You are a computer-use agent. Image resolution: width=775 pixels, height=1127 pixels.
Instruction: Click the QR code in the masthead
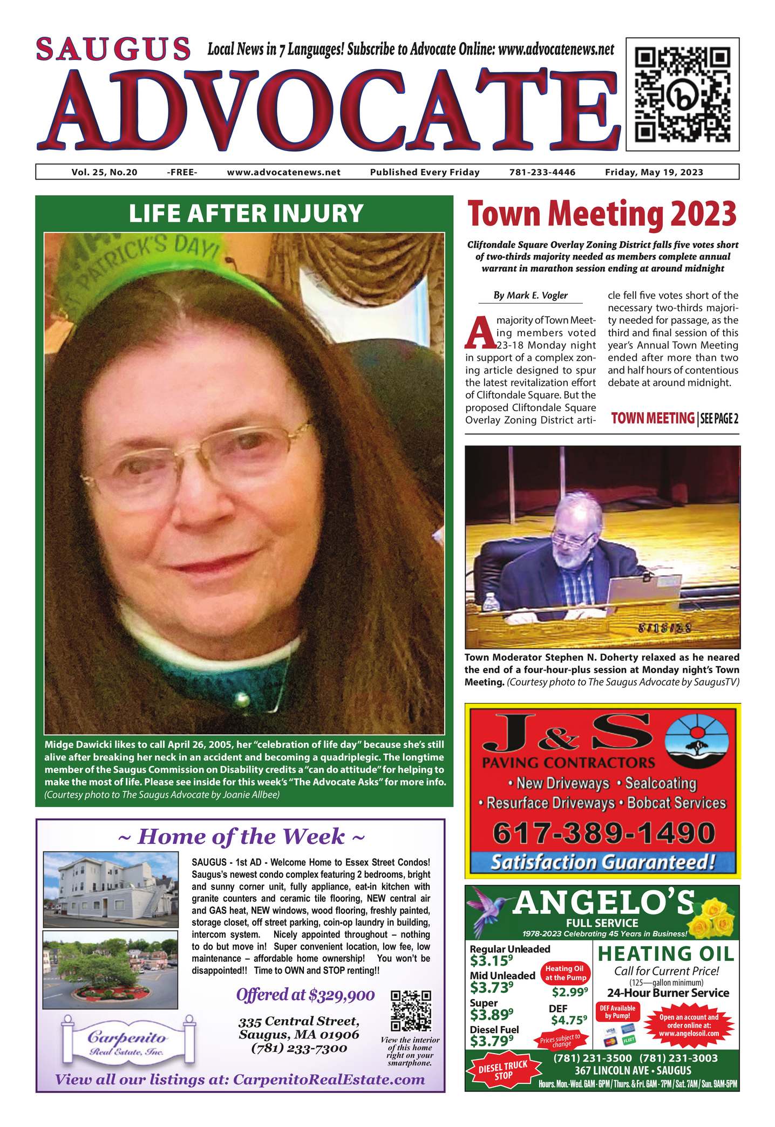pos(682,94)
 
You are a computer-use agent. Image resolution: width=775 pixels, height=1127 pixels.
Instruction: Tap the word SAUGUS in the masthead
pos(114,49)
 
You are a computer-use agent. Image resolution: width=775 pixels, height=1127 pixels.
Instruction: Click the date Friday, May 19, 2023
pos(654,172)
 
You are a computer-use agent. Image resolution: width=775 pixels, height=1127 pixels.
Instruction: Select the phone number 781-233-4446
pos(542,172)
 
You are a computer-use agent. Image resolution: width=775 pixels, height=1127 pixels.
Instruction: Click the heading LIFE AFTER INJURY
pos(246,213)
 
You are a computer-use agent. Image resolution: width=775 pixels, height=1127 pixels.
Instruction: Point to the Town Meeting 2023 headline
pos(602,214)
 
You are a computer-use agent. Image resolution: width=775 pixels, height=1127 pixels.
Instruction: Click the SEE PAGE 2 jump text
pos(719,419)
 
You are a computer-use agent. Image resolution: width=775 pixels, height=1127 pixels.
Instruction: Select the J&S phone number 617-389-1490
pos(603,833)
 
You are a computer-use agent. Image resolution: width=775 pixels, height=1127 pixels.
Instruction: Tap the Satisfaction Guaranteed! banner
pos(602,862)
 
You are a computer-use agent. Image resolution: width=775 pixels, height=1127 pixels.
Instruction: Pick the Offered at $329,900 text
pos(305,994)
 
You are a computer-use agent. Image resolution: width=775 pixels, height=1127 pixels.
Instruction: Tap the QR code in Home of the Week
pos(411,1010)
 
